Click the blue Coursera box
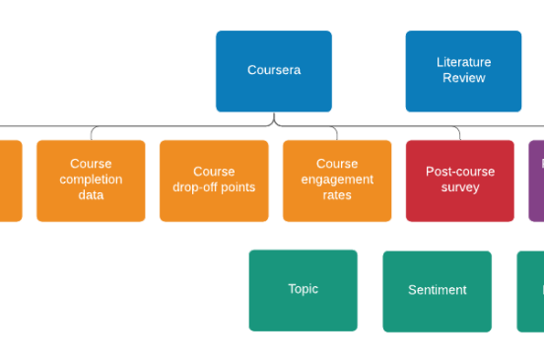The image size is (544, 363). (x=274, y=71)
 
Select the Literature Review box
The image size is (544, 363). (x=463, y=71)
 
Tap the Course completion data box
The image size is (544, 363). (x=91, y=181)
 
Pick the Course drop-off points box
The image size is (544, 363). (x=214, y=181)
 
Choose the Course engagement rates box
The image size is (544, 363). (x=337, y=181)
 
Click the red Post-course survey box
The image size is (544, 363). (x=460, y=181)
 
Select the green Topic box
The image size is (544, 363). (x=304, y=290)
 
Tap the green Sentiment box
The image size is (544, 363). (x=438, y=291)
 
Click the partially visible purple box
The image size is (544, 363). (x=536, y=181)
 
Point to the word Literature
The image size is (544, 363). (x=463, y=62)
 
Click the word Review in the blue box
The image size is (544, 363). (x=463, y=78)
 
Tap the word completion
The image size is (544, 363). (x=91, y=180)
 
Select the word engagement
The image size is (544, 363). (x=337, y=180)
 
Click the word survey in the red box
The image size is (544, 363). (x=460, y=187)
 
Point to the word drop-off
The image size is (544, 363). (x=195, y=187)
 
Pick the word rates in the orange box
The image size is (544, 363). (x=337, y=195)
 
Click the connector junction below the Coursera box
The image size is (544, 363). (x=274, y=122)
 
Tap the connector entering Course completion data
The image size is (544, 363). (x=92, y=133)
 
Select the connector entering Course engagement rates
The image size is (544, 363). (x=336, y=133)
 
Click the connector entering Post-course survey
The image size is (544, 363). (x=459, y=133)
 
